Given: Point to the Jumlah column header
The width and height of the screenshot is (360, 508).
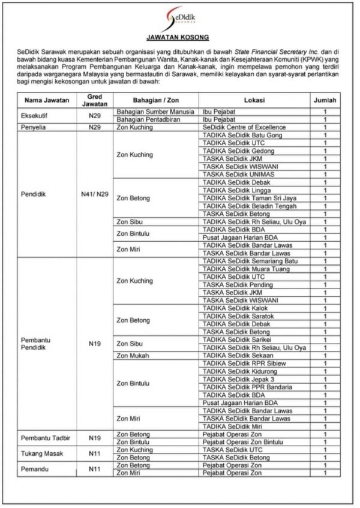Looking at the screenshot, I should [325, 100].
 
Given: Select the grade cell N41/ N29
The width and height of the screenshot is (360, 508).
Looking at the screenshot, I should [95, 194].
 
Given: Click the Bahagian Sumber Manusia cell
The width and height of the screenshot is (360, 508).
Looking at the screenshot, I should [155, 112].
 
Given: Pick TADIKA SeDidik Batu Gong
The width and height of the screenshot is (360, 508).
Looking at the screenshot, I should [234, 135].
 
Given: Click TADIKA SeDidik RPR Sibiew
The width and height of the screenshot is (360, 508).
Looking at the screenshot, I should [235, 363].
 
